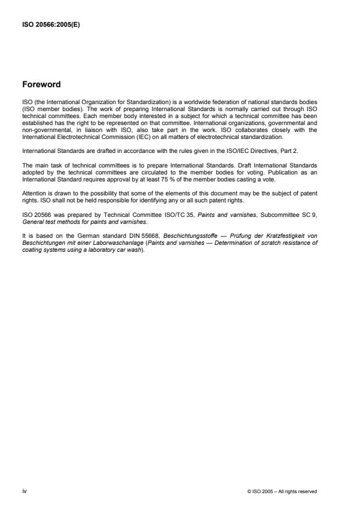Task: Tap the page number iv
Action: (24, 491)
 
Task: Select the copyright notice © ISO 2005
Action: (281, 492)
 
